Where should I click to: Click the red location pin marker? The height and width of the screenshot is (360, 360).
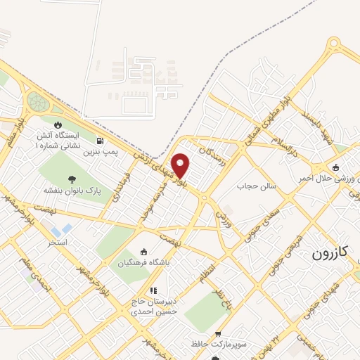tap(181, 165)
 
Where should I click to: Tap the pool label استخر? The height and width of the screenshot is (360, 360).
tap(58, 243)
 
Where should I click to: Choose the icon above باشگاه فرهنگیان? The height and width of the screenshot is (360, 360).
tap(143, 252)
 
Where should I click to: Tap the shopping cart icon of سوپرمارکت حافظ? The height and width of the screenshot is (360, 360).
tap(218, 334)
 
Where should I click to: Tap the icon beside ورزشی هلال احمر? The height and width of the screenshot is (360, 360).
tap(336, 167)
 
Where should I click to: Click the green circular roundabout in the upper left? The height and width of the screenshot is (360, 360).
tap(38, 103)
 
